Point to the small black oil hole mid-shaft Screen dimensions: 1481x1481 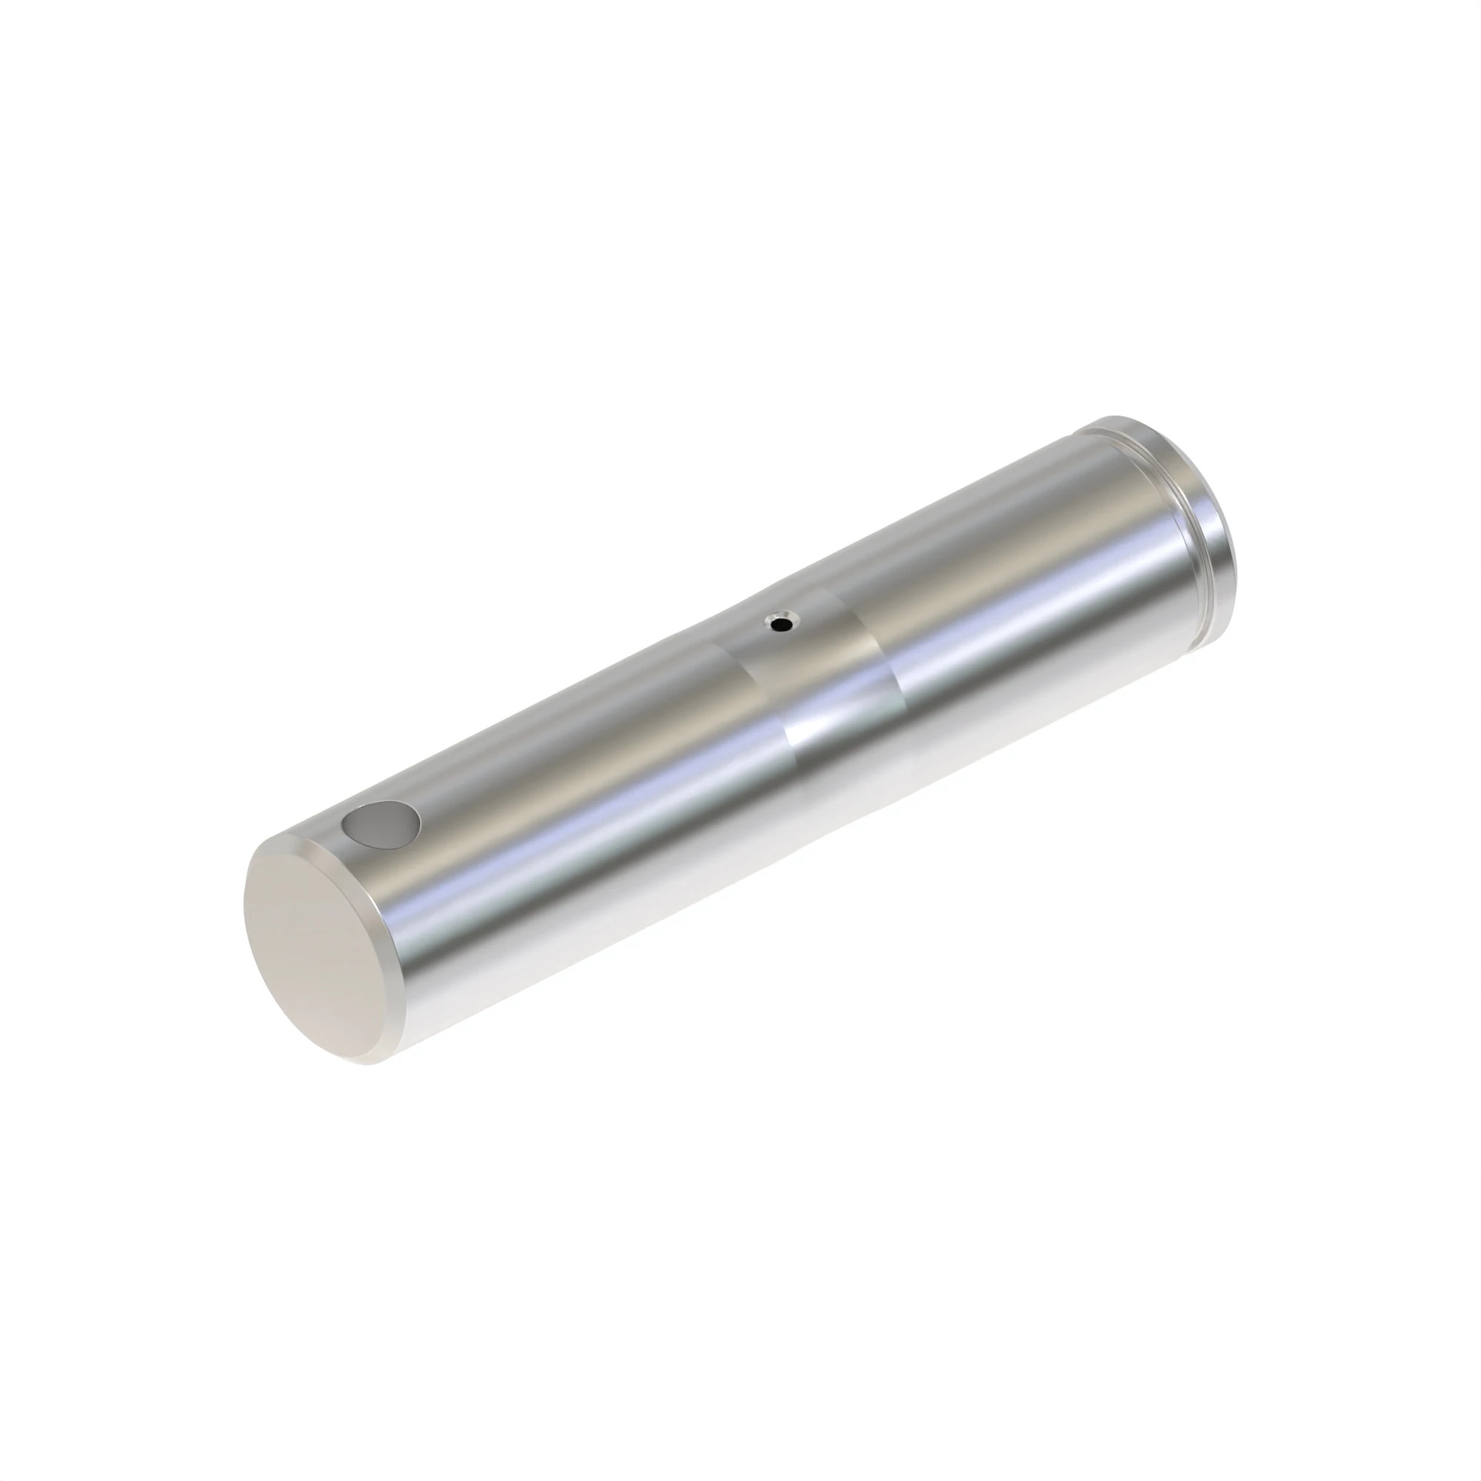click(781, 624)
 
